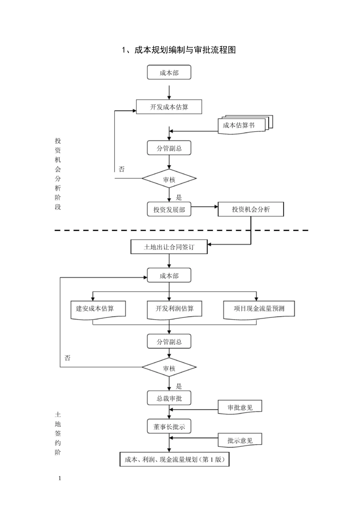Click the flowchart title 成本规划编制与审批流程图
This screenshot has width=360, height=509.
tap(178, 50)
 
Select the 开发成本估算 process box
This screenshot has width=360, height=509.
tap(169, 107)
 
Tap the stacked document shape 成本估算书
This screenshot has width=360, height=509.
tap(241, 125)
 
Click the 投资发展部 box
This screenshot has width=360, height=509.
tap(169, 209)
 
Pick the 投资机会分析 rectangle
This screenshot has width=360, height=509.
tap(250, 209)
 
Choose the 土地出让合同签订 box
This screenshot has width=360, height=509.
tap(169, 247)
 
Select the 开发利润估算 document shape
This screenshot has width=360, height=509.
tap(174, 309)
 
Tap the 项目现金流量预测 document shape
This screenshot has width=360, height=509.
tap(259, 309)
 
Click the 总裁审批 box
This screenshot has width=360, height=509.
tap(169, 398)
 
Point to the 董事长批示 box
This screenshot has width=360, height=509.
tap(169, 427)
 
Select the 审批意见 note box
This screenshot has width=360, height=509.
tap(240, 408)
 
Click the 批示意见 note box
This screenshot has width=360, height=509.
tap(240, 441)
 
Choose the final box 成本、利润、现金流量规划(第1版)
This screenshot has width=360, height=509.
tap(175, 459)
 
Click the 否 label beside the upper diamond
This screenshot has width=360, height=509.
tap(122, 169)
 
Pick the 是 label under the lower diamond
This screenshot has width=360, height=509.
tap(179, 386)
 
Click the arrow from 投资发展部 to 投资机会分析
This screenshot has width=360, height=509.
tap(204, 207)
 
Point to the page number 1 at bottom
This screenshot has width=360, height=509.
tap(59, 478)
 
